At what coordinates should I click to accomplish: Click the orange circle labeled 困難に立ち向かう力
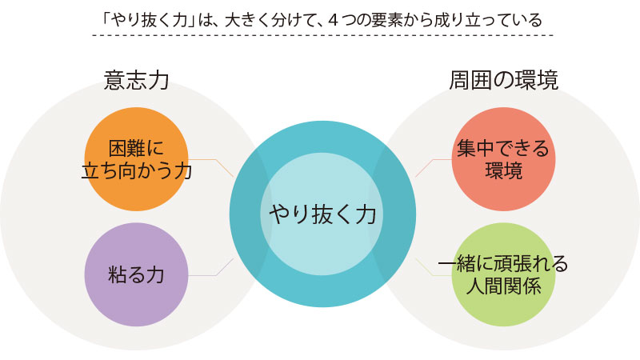pos(136,128)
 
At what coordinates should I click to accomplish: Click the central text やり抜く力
pos(322,214)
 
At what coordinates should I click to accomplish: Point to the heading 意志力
pos(136,80)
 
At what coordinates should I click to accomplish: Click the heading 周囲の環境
pos(503,80)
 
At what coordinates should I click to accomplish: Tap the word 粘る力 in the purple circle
pos(136,275)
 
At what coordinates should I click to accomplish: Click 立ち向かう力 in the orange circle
pos(136,170)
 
